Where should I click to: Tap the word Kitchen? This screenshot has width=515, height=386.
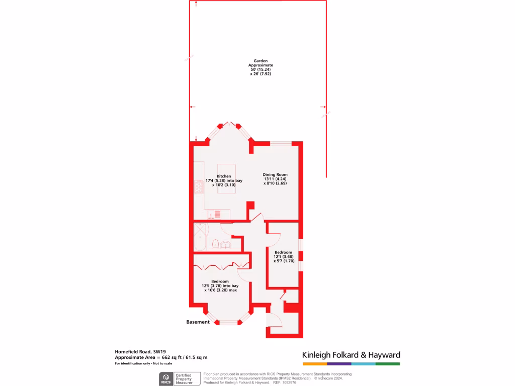[224, 176]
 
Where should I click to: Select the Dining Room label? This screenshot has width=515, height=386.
[275, 174]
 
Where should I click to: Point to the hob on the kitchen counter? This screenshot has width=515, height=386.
[199, 187]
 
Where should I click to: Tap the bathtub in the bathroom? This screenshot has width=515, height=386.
[200, 236]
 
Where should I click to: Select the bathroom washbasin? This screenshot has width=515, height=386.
[226, 245]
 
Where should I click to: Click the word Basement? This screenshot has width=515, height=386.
[198, 322]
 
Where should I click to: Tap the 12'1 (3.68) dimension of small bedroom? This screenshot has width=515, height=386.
[283, 256]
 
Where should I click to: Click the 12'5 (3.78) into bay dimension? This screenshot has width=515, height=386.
[220, 286]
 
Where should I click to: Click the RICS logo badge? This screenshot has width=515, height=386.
[165, 378]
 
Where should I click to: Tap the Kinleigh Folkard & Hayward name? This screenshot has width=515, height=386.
[351, 355]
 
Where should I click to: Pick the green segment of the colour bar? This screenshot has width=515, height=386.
[388, 363]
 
